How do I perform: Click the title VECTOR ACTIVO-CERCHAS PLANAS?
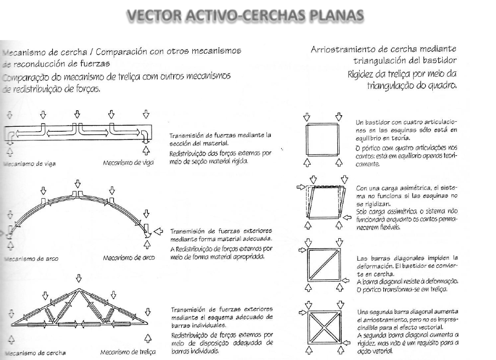pyautogui.click(x=248, y=19)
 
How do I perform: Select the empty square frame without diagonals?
pyautogui.click(x=323, y=140)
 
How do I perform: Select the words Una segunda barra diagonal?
pyautogui.click(x=396, y=313)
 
